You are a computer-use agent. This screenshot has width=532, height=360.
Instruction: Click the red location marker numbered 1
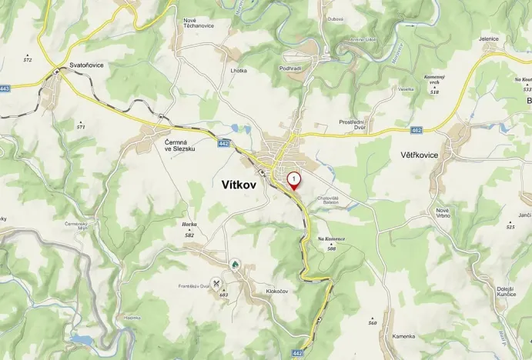293,180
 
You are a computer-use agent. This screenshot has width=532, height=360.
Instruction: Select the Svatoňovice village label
86,65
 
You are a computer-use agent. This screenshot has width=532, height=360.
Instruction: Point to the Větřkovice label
419,155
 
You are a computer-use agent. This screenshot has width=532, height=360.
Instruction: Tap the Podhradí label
290,68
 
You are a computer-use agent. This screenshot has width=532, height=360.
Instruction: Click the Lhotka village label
239,71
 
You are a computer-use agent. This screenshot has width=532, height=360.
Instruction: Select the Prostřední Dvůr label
356,124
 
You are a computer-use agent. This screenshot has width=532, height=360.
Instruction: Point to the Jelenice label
489,38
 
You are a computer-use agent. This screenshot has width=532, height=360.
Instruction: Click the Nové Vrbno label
442,213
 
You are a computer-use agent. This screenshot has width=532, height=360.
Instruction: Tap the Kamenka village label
403,336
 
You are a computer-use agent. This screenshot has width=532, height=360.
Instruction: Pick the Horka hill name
189,224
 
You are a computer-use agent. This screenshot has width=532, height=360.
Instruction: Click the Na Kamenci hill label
332,239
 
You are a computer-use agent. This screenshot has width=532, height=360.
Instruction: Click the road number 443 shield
5,89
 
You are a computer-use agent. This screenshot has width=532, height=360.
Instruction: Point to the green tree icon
236,265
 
